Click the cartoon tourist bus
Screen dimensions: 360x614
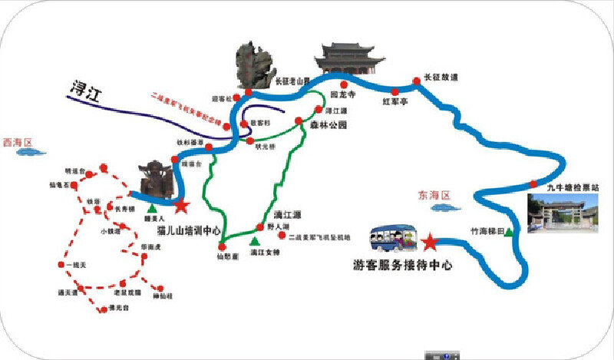pyautogui.click(x=391, y=240)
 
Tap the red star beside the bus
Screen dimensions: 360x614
pyautogui.click(x=430, y=243)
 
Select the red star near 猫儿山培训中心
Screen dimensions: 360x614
pyautogui.click(x=181, y=206)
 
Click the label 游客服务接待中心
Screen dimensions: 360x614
pyautogui.click(x=403, y=266)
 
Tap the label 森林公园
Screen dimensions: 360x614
pyautogui.click(x=329, y=124)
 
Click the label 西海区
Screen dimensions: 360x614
pyautogui.click(x=20, y=142)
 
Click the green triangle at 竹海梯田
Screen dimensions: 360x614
pyautogui.click(x=509, y=233)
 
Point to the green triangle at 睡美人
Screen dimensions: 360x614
pyautogui.click(x=152, y=207)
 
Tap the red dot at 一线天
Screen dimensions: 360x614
pyautogui.click(x=61, y=265)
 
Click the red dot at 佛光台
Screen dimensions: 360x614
pyautogui.click(x=101, y=309)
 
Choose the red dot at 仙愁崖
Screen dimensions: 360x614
pyautogui.click(x=222, y=246)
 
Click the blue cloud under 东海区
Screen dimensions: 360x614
pyautogui.click(x=440, y=206)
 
